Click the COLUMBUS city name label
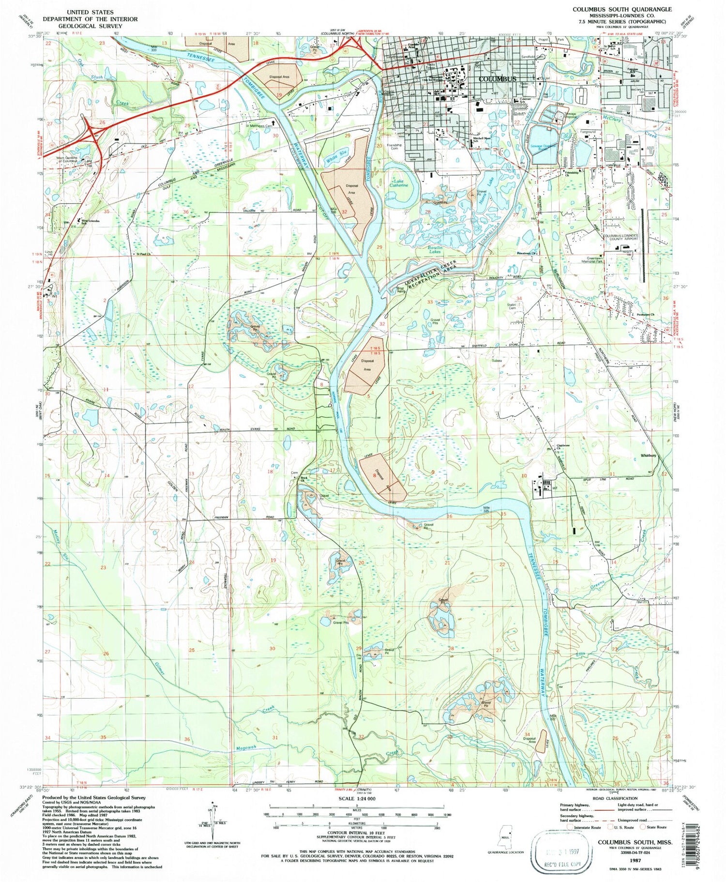[x=497, y=78]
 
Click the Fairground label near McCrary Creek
[x=588, y=132]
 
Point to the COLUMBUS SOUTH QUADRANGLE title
[x=622, y=9]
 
